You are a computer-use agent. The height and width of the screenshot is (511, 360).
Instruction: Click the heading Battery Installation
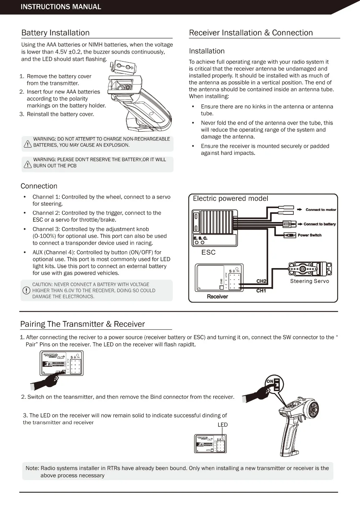(x=55, y=33)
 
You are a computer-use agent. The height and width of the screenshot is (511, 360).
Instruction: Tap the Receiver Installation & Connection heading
(x=251, y=33)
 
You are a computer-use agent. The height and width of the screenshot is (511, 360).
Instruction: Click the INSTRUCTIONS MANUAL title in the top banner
(x=61, y=7)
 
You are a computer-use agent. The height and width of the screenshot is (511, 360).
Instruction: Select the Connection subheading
(x=39, y=186)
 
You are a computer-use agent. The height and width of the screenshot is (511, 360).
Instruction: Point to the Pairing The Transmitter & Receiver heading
(x=82, y=324)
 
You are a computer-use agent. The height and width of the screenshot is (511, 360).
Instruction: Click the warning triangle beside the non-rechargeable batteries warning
(x=28, y=144)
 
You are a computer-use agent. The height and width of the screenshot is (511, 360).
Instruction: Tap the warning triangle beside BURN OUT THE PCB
(x=28, y=165)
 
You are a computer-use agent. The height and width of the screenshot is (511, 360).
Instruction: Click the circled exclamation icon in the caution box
(x=26, y=290)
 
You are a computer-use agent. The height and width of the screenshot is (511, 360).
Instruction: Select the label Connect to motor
(x=321, y=209)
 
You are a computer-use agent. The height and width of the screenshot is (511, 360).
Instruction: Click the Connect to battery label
(x=319, y=224)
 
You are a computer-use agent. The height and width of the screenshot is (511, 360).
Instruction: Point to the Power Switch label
(x=310, y=235)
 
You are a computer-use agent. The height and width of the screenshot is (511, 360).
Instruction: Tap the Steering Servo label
(x=310, y=281)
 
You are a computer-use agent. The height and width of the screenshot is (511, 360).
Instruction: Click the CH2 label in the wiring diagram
(x=261, y=281)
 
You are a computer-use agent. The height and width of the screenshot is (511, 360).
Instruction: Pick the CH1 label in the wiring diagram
(x=261, y=291)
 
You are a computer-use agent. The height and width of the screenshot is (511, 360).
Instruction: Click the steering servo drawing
(x=310, y=269)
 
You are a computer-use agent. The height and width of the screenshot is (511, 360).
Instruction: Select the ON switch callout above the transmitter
(x=274, y=384)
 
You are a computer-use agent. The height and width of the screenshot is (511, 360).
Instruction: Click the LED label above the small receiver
(x=222, y=425)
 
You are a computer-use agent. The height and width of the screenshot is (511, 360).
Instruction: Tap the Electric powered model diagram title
(x=230, y=199)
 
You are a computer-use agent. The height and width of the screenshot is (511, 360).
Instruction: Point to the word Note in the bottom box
(x=32, y=468)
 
